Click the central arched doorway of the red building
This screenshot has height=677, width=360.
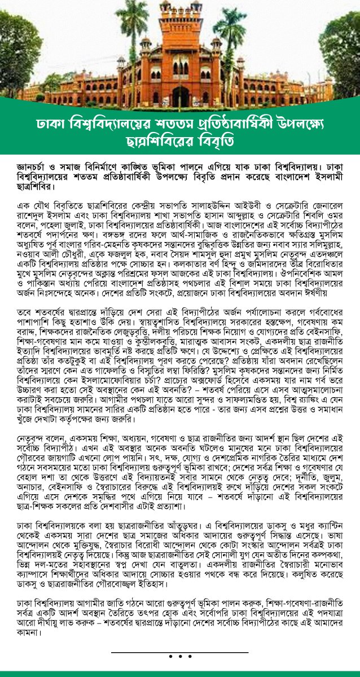coord(181,96)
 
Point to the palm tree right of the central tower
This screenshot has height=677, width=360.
coord(229,39)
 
